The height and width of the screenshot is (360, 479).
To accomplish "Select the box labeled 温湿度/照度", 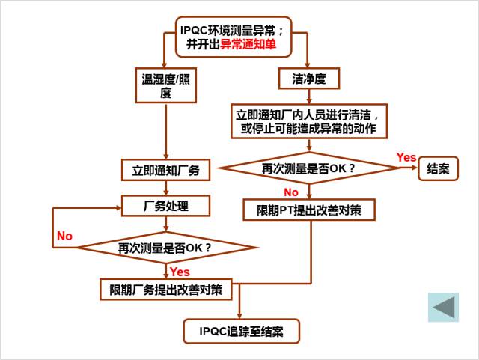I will [166, 85].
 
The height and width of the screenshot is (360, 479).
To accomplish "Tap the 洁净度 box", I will [309, 78].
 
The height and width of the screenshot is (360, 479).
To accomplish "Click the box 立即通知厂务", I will [165, 170].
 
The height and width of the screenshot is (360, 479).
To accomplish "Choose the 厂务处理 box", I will [165, 206].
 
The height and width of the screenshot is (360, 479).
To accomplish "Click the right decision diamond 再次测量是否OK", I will [308, 169].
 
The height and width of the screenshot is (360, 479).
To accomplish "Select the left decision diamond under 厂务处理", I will [165, 247].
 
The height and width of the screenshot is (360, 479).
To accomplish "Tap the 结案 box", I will [438, 169].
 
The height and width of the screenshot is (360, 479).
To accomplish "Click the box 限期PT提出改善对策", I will [309, 210].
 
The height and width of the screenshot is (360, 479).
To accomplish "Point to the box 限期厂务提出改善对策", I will [165, 290].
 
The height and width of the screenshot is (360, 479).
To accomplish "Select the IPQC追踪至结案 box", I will [241, 330].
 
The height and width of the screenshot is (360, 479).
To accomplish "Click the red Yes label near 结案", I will [406, 157].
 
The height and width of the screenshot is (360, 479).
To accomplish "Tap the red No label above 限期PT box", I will [290, 193].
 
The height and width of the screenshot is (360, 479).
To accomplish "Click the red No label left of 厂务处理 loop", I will [64, 236].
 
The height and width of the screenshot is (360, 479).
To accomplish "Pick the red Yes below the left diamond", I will [180, 271].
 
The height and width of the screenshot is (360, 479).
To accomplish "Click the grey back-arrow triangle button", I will [443, 308].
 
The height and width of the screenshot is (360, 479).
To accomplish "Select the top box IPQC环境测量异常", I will [232, 37].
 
